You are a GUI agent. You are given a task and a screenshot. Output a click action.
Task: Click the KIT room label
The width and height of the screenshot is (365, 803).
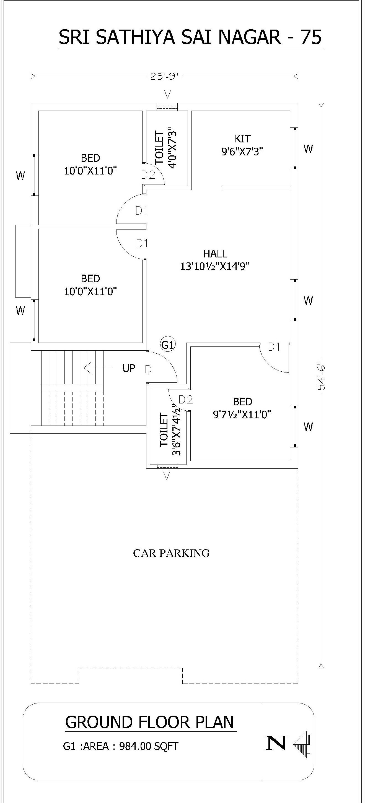pyautogui.click(x=243, y=139)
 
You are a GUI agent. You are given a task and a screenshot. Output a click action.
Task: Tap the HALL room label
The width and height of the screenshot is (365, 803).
pyautogui.click(x=215, y=254)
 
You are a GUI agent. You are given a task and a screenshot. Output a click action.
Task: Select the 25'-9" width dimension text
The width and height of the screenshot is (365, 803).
pyautogui.click(x=164, y=76)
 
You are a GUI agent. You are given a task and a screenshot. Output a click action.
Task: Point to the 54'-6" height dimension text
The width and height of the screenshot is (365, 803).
pyautogui.click(x=321, y=376)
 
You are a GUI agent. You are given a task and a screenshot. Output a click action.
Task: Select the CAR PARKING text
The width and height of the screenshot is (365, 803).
pyautogui.click(x=171, y=553)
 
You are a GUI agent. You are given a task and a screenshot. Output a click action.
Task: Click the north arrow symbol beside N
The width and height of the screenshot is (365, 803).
pyautogui.click(x=302, y=745)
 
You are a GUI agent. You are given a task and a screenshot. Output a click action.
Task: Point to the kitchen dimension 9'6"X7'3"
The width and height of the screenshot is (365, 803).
pyautogui.click(x=242, y=152)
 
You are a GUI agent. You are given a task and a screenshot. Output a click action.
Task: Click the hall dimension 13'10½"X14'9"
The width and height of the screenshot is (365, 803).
pyautogui.click(x=215, y=267)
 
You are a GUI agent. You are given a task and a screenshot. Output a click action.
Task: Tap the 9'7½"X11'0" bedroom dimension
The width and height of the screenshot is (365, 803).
pyautogui.click(x=242, y=414)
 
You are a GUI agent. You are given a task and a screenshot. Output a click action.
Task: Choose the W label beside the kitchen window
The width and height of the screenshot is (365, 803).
pyautogui.click(x=308, y=149)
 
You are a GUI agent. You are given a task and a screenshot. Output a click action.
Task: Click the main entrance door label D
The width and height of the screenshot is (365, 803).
pyautogui.click(x=148, y=369)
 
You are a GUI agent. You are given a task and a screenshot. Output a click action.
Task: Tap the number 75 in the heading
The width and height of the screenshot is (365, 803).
pyautogui.click(x=310, y=37)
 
